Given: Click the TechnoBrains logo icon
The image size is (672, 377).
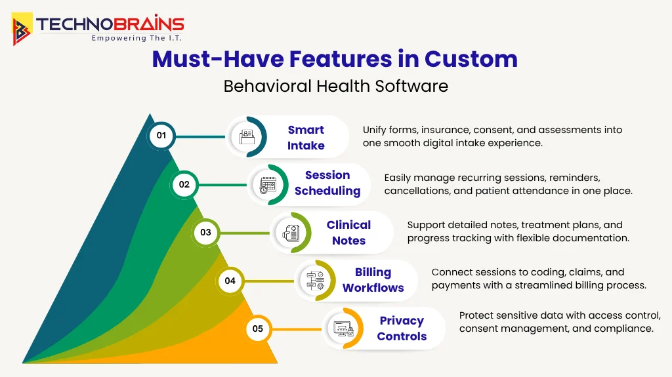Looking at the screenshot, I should click(x=22, y=29).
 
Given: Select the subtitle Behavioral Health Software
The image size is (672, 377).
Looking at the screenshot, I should click(x=335, y=86).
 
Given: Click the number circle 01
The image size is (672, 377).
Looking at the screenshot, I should click(x=161, y=136).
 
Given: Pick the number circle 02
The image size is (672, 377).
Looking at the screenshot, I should click(x=184, y=185).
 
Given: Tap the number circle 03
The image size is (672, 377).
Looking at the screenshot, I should click(x=205, y=232).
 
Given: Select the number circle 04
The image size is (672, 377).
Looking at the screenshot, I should click(x=230, y=281).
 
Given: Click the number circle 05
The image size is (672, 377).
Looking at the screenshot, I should click(x=257, y=328).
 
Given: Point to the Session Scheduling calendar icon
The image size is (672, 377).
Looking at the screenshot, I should click(x=268, y=185).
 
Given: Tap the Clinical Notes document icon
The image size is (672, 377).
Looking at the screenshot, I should click(x=291, y=233).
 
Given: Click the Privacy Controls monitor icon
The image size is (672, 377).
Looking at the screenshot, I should click(x=343, y=328).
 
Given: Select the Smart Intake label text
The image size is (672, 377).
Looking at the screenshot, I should click(x=306, y=138).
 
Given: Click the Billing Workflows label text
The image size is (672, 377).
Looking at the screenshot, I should click(x=373, y=280).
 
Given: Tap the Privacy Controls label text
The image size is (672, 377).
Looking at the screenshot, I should click(x=402, y=328).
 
